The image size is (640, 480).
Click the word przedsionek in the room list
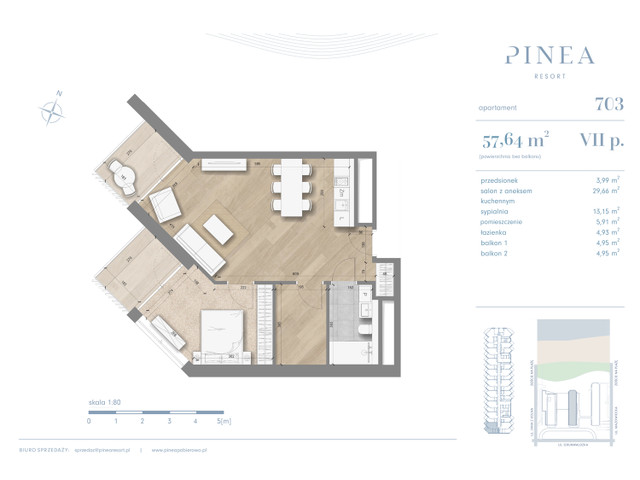pos(500,178)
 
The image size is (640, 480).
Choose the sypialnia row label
pos(495,211)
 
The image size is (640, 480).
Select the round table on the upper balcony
pos(125,176)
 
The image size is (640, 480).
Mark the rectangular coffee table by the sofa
pos(221,229)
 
